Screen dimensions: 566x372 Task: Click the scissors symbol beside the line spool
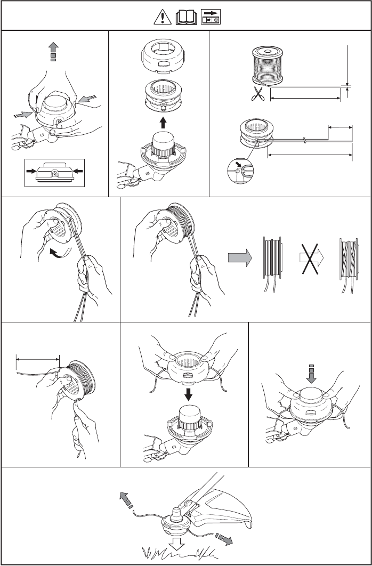tap(258, 94)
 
